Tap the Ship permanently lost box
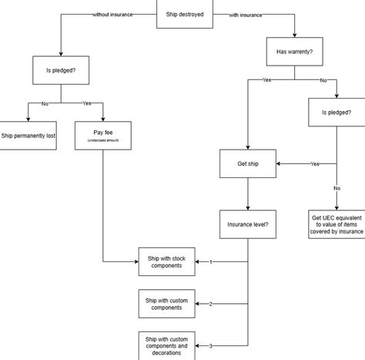coord(28,135)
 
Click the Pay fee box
coord(102,135)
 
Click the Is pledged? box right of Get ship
coord(337,113)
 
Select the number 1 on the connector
coord(211,262)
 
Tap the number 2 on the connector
coord(211,304)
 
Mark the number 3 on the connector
coord(211,345)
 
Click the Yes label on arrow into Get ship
coord(315,163)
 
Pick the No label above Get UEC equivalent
coord(337,187)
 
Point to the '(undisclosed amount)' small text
coord(102,141)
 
